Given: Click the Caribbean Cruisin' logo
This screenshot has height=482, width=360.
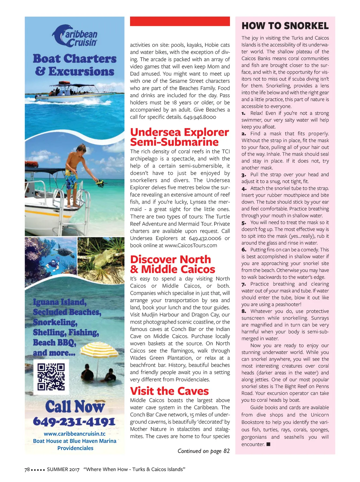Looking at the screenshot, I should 75,36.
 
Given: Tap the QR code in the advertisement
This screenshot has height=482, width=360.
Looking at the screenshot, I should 51,377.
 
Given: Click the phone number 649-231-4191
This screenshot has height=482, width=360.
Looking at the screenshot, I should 74,421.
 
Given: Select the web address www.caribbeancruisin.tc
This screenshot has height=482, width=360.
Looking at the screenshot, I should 75,434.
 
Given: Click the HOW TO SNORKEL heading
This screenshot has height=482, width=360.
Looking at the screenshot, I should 285,26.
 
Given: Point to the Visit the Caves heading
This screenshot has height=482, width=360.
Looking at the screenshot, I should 169,391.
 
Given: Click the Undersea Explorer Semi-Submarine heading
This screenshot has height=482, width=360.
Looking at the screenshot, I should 179,137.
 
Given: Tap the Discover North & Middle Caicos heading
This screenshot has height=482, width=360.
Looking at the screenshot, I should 172,264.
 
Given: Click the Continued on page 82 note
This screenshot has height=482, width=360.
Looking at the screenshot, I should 204,451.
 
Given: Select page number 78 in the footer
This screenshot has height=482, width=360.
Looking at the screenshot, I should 27,469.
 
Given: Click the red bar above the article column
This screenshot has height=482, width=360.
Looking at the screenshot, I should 180,21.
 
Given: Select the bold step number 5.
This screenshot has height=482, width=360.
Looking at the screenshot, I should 244,223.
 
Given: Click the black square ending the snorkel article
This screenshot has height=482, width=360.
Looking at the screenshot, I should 268,444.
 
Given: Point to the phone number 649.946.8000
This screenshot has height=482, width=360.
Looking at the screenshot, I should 200,117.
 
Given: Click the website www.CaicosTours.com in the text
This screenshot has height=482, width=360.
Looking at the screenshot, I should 191,245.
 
